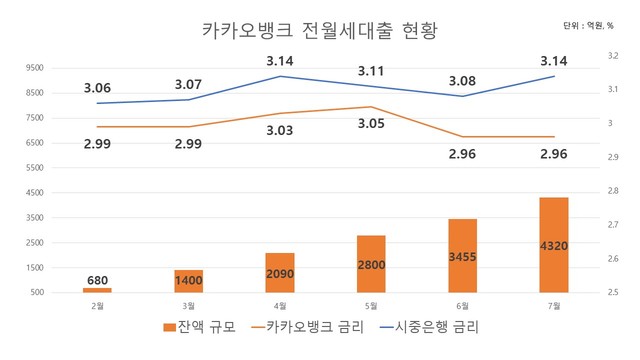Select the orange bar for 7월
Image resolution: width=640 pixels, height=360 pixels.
click(553, 245)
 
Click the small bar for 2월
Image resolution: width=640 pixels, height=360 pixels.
click(97, 290)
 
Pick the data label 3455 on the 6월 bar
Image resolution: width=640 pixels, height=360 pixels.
click(462, 257)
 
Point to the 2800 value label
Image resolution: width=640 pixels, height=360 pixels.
click(371, 264)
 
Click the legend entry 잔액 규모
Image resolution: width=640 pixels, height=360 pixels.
click(200, 327)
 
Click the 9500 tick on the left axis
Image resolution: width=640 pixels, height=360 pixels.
click(34, 68)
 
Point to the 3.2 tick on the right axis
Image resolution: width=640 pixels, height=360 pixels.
click(612, 56)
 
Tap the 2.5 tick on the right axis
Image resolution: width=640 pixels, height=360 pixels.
click(612, 292)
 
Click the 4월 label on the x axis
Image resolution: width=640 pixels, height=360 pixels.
click(280, 305)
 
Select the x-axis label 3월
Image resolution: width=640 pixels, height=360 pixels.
click(188, 305)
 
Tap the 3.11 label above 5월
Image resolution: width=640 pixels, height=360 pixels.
click(371, 71)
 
